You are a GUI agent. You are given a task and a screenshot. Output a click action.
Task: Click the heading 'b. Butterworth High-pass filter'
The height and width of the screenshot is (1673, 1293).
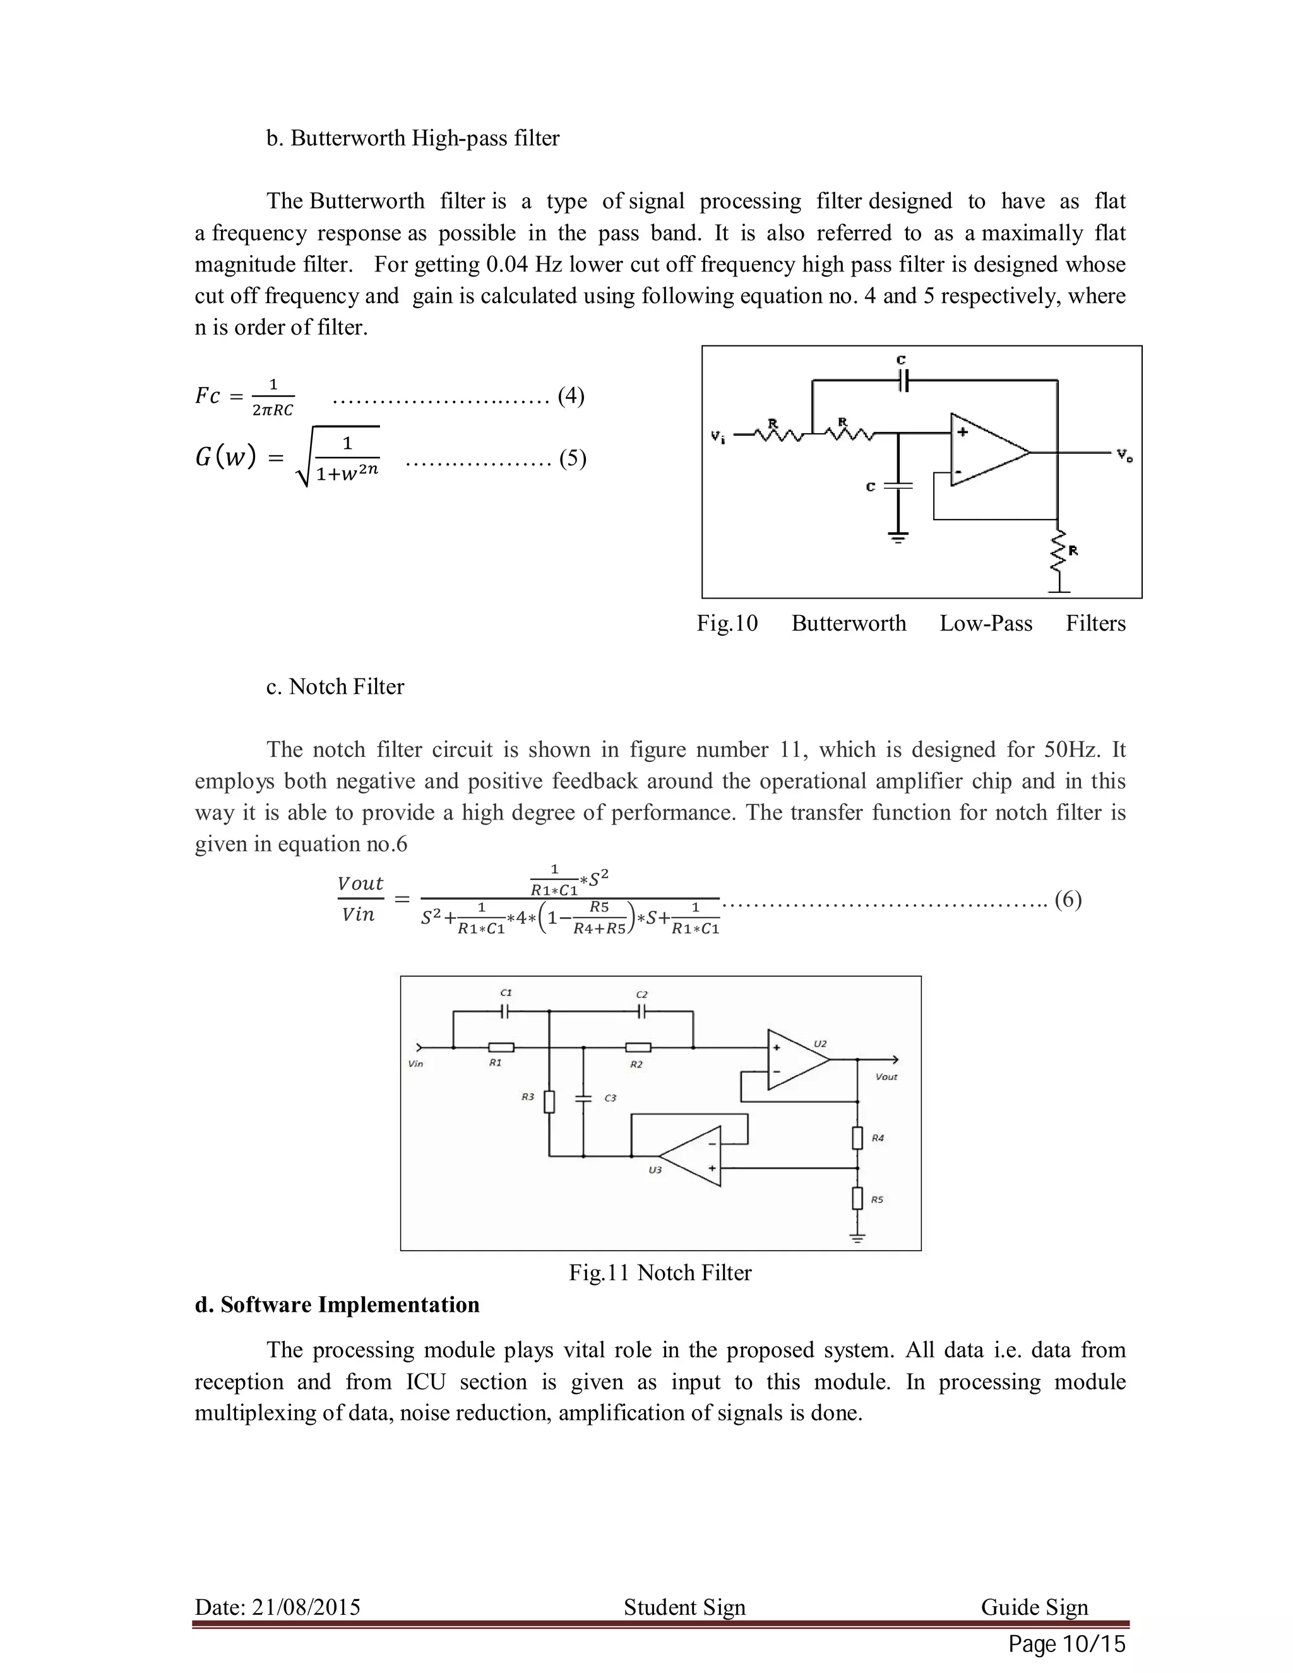click(x=413, y=139)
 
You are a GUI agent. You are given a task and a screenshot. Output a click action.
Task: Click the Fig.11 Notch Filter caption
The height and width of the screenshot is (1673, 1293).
click(x=660, y=1272)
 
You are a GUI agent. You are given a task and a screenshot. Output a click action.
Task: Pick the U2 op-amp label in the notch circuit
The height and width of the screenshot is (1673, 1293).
click(x=819, y=1044)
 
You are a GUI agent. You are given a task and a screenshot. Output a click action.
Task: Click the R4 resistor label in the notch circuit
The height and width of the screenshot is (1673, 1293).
click(x=878, y=1138)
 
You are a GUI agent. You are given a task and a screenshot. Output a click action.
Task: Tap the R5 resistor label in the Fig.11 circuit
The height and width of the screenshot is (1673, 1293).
click(x=877, y=1200)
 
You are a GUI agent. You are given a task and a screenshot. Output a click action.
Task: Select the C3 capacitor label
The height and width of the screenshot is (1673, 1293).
click(x=610, y=1098)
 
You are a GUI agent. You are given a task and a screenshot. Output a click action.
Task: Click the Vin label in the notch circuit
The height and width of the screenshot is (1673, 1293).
click(x=416, y=1064)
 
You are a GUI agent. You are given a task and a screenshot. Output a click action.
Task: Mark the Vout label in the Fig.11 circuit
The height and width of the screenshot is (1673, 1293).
click(x=886, y=1076)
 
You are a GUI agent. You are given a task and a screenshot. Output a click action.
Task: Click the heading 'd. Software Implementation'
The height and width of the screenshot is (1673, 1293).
click(x=337, y=1304)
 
